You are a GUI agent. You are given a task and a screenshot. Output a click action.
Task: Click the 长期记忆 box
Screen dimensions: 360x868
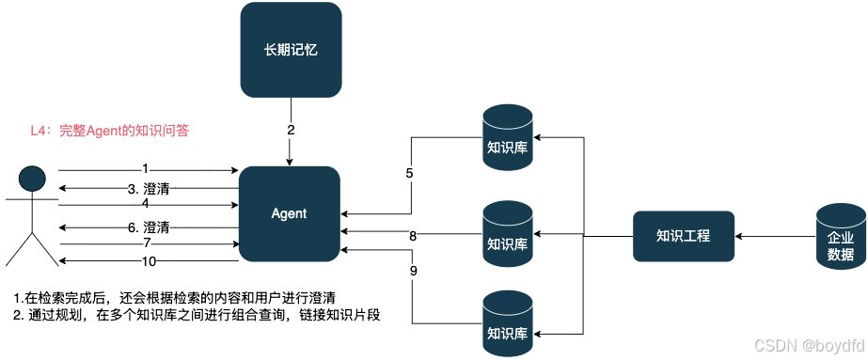pyautogui.click(x=290, y=50)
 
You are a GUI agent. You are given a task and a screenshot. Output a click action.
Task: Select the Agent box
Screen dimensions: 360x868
pyautogui.click(x=290, y=213)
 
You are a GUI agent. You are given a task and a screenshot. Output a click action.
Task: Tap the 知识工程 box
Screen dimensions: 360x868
pyautogui.click(x=683, y=235)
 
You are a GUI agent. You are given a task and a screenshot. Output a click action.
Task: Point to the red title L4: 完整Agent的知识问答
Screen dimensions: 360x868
pyautogui.click(x=110, y=131)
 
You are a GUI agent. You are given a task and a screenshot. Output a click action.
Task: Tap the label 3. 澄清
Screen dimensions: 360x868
pyautogui.click(x=149, y=189)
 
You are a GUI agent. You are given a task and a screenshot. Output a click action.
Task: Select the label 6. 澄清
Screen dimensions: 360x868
pyautogui.click(x=149, y=227)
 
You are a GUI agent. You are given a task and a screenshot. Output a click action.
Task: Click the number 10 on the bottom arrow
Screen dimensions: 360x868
pyautogui.click(x=149, y=260)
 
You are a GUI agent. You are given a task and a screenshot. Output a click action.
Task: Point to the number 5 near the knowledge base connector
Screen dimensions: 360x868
pyautogui.click(x=409, y=174)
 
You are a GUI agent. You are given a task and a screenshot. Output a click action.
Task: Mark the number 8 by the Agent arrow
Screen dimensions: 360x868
pyautogui.click(x=413, y=236)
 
